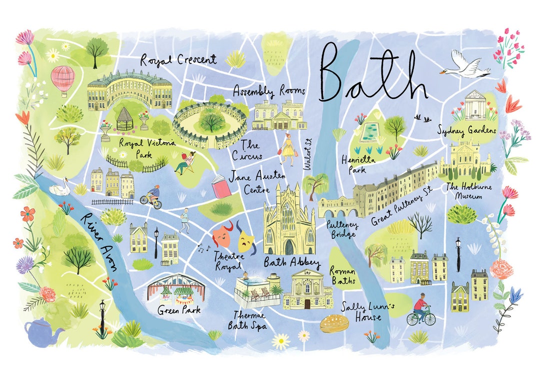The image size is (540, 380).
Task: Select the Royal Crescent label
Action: pyautogui.click(x=178, y=60)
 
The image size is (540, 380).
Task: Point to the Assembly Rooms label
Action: pyautogui.click(x=269, y=91)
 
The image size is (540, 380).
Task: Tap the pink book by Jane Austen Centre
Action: pyautogui.click(x=220, y=187)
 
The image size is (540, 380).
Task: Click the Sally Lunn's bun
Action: pyautogui.click(x=334, y=324)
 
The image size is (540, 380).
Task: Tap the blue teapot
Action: pyautogui.click(x=42, y=331)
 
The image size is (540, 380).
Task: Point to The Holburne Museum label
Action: pyautogui.click(x=464, y=192)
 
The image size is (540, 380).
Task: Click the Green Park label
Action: pyautogui.click(x=179, y=310)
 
